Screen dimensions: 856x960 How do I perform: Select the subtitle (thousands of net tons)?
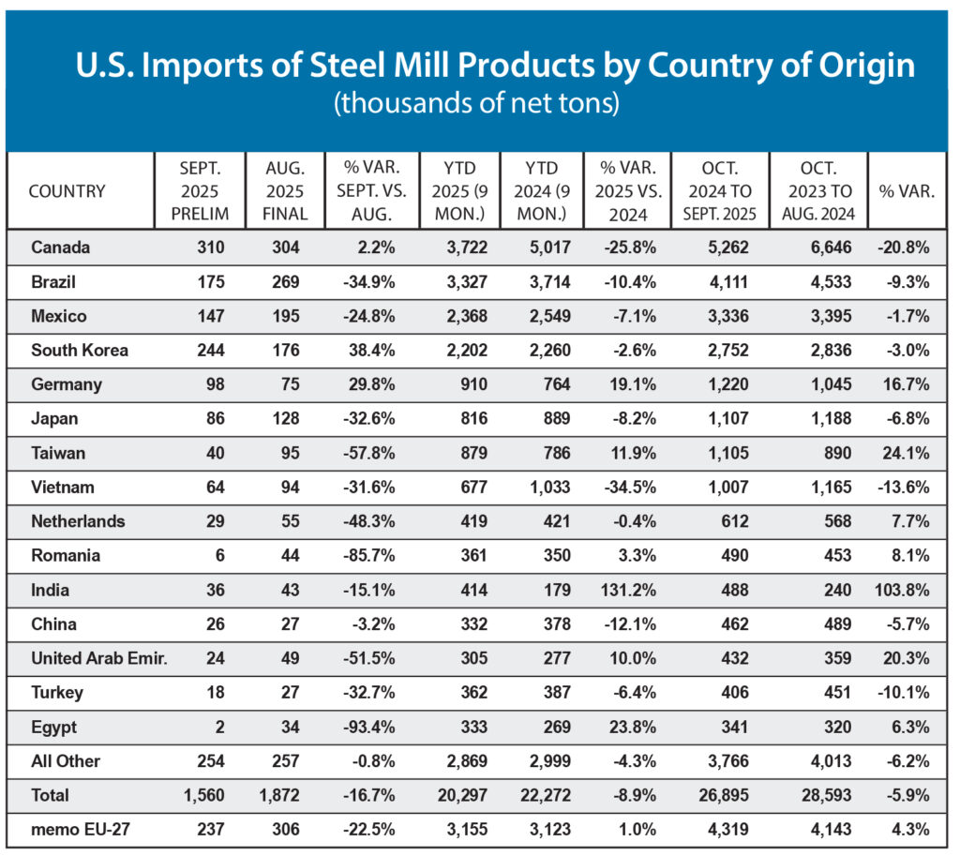[x=476, y=102]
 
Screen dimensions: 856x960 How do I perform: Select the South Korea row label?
[x=79, y=351]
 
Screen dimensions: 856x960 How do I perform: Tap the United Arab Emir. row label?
[x=98, y=658]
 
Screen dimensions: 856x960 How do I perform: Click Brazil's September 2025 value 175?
[x=215, y=282]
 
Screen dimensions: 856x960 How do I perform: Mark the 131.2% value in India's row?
[x=632, y=590]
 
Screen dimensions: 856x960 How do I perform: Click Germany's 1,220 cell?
[x=730, y=384]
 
